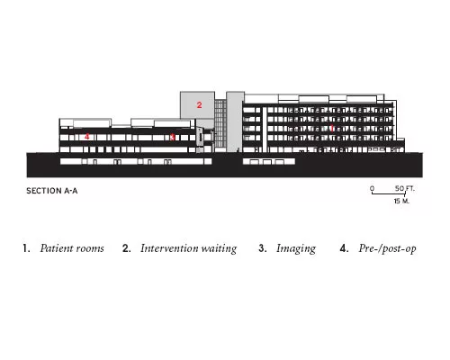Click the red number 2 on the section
[x=199, y=105]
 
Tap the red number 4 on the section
[x=86, y=137]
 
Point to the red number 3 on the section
[x=173, y=137]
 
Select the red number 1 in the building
[x=332, y=129]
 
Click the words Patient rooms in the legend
[x=72, y=248]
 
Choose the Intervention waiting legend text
[x=189, y=248]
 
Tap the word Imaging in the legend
[x=296, y=249]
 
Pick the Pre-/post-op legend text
[x=387, y=248]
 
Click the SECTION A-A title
[x=52, y=191]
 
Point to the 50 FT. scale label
[x=405, y=188]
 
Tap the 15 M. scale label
[x=401, y=201]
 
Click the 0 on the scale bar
[x=372, y=188]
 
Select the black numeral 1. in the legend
[x=26, y=248]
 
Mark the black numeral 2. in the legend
[x=126, y=248]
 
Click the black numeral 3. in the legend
[x=263, y=248]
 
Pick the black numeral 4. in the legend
[x=344, y=248]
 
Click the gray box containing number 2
[x=197, y=105]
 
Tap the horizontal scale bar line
[x=389, y=193]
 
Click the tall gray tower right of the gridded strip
[x=235, y=121]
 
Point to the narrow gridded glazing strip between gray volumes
[x=220, y=123]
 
